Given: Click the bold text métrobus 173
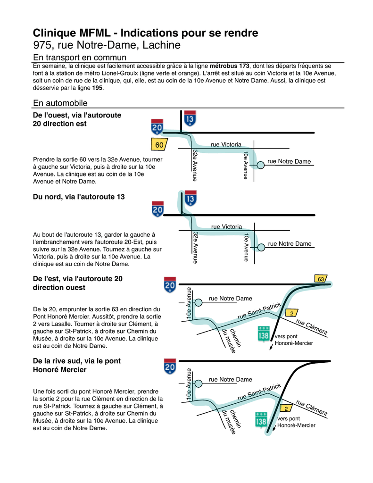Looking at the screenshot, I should (x=230, y=66).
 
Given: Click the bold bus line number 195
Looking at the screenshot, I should (x=97, y=88).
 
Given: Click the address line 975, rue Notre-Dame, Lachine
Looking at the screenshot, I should (x=107, y=46).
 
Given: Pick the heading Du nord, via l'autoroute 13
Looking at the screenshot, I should (x=79, y=197).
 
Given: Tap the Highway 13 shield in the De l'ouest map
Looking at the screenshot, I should (x=190, y=119).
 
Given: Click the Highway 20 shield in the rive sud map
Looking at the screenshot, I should (x=170, y=366).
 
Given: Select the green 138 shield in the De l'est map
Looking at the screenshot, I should (x=264, y=334).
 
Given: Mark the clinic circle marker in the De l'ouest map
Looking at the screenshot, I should (x=260, y=165).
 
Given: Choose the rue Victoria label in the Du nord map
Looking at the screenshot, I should (x=226, y=227).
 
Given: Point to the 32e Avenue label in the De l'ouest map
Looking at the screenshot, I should (x=195, y=165).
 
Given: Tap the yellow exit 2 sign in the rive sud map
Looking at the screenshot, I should (x=286, y=408).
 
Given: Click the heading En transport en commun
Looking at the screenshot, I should (x=80, y=57).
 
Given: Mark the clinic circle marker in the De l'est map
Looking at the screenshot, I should (x=199, y=302).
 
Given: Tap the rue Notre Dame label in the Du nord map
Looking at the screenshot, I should (x=290, y=244).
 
